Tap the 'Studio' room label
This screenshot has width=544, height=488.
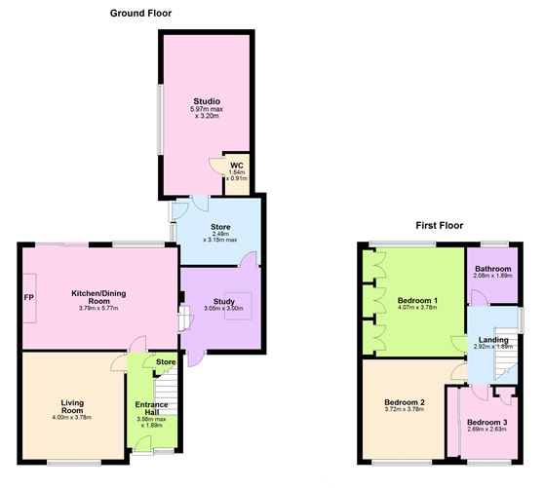click(x=206, y=101)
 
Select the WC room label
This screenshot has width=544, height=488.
click(x=236, y=165)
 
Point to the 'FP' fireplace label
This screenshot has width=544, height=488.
click(x=28, y=297)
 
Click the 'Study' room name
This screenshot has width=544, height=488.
click(x=221, y=300)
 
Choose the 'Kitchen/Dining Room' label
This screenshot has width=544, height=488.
click(x=97, y=297)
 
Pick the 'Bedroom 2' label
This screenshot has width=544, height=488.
click(x=404, y=402)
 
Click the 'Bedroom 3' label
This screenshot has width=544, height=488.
click(x=486, y=422)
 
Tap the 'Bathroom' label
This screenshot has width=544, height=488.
click(x=492, y=268)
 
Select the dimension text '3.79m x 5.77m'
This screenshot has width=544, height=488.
click(x=97, y=309)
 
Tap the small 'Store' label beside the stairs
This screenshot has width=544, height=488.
click(x=165, y=362)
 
